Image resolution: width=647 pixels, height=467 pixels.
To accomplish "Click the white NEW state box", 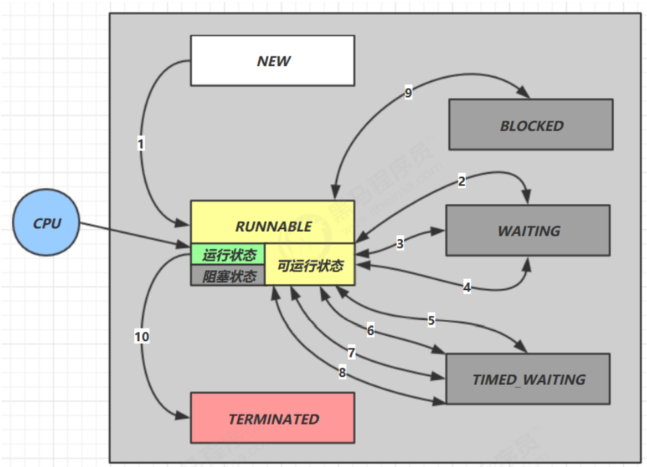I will (272, 61).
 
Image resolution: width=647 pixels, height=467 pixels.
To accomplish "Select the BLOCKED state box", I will (530, 125).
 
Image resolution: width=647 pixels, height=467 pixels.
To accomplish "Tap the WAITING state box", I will (528, 231).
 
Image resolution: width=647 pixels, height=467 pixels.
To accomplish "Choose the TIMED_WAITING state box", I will (528, 379).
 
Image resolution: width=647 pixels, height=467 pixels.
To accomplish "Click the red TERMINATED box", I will (273, 419).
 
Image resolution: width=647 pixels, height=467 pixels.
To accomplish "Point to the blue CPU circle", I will (46, 223).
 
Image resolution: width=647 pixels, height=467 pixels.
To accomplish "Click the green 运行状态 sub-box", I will (228, 255).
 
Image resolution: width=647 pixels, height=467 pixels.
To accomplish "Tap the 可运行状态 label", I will (310, 266).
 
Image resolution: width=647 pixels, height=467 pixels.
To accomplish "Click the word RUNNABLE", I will (273, 227).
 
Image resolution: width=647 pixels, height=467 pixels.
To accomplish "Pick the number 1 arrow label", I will (140, 143).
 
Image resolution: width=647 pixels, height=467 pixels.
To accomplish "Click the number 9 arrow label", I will (408, 93).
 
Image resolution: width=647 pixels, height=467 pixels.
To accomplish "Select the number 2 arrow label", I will (462, 181).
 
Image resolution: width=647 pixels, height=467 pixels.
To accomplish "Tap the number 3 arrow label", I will (400, 244).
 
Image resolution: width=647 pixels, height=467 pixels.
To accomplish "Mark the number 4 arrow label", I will (467, 287).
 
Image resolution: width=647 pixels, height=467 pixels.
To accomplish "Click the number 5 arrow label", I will (431, 321).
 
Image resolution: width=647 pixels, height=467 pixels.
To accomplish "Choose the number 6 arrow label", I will (370, 330).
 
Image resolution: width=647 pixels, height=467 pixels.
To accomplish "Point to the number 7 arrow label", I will (352, 353).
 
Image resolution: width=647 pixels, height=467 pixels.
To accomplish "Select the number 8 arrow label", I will (342, 373).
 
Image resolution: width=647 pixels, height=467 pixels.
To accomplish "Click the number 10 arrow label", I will (142, 337).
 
